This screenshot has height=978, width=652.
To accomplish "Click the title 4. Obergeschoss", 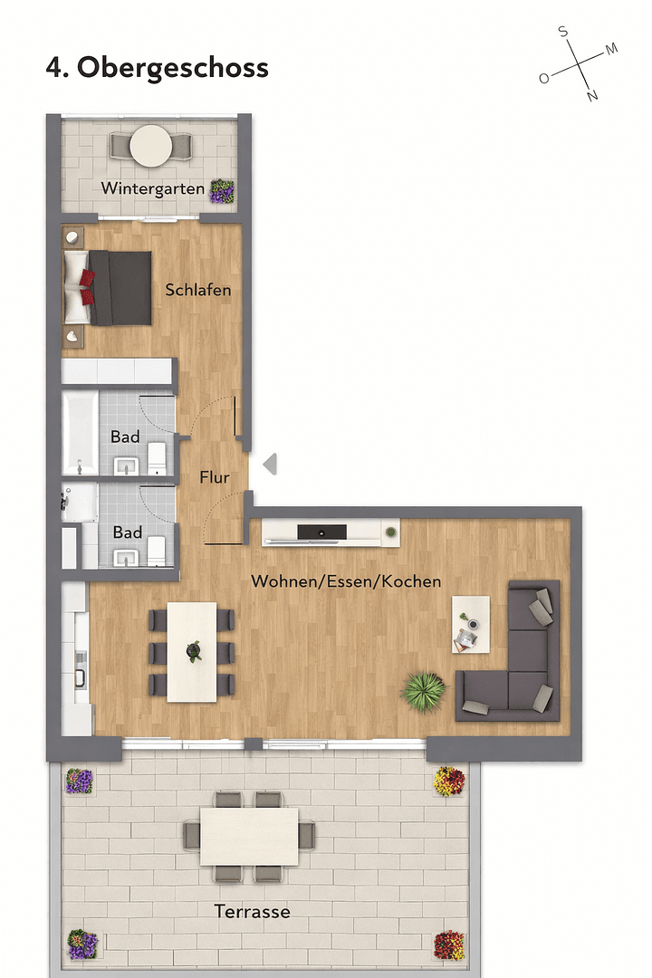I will point(157,68).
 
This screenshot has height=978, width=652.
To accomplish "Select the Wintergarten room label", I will point(152,189).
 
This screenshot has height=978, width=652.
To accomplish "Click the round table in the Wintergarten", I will point(151,144).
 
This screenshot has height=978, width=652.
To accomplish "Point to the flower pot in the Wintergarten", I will point(222,190).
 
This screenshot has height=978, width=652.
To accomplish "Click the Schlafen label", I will point(197,291).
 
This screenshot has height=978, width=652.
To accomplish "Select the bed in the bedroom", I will point(108,287).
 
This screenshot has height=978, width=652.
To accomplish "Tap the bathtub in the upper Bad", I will point(80,432).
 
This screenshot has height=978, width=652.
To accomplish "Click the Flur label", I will point(215,478).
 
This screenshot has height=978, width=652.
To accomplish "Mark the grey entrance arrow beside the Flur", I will point(270,465).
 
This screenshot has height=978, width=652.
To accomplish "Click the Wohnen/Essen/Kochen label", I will point(346,580).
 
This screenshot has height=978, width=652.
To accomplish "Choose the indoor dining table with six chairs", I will point(192,652).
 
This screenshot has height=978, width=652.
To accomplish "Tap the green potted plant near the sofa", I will point(424,692).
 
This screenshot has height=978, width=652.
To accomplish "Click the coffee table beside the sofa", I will point(471,624).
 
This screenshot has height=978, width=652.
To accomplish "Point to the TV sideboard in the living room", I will point(331,532).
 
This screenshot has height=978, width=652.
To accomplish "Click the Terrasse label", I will point(252,912).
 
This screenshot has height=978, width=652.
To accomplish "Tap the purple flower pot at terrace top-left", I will point(79,781).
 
